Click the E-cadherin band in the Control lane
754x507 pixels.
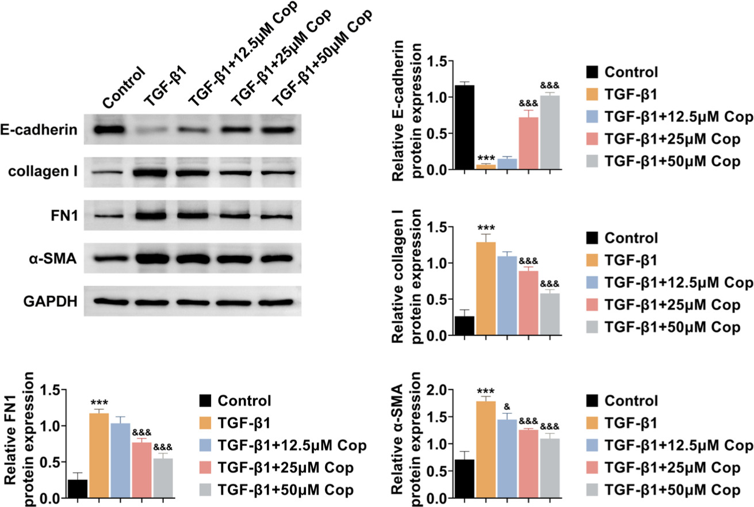(x=112, y=129)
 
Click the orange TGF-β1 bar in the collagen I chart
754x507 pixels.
(x=487, y=288)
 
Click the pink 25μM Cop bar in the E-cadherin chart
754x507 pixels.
(x=529, y=144)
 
